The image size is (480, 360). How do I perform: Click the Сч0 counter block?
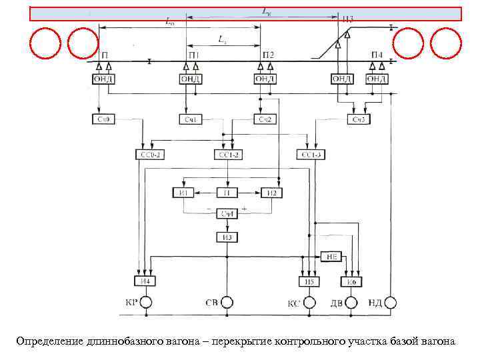(x=103, y=119)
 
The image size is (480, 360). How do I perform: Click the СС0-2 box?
(x=149, y=155)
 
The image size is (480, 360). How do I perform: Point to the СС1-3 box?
(x=311, y=155)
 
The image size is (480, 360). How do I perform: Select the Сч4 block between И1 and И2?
(x=227, y=213)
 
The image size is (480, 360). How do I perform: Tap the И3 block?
(x=227, y=237)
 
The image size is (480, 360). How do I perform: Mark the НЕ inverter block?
(x=331, y=256)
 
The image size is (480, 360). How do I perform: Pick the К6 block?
(x=351, y=282)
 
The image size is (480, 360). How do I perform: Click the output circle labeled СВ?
(x=227, y=303)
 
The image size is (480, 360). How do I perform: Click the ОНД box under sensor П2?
(x=264, y=79)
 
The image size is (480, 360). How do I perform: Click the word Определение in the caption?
(x=51, y=341)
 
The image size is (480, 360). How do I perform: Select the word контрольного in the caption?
(x=310, y=341)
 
